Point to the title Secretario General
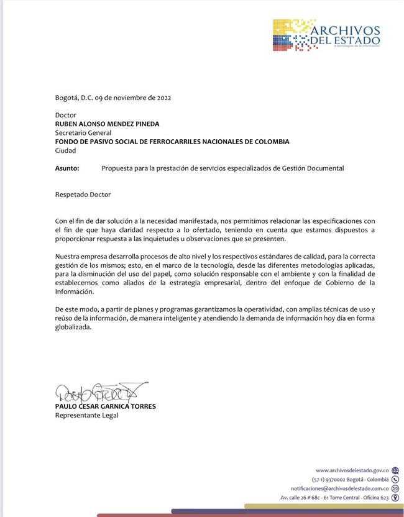click(x=83, y=132)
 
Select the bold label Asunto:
click(x=67, y=168)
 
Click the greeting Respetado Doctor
click(x=83, y=194)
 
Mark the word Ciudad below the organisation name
click(x=65, y=150)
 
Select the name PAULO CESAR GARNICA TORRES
click(x=105, y=406)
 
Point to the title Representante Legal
click(x=86, y=415)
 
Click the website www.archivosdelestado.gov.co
click(x=352, y=470)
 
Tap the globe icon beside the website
click(x=395, y=470)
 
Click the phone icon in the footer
click(x=395, y=480)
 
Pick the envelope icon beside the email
click(x=395, y=488)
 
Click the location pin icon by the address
click(x=395, y=498)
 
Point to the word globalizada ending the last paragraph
click(x=73, y=327)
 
